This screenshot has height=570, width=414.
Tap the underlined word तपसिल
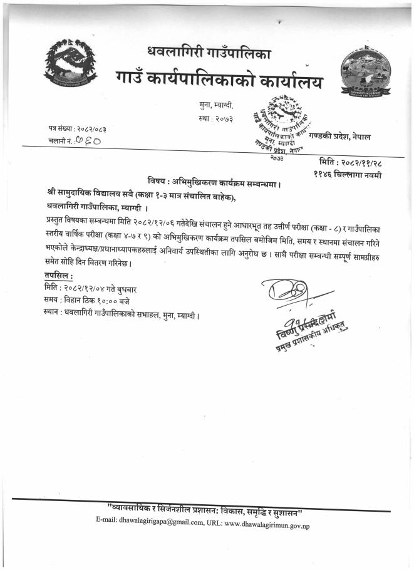[59, 276]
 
